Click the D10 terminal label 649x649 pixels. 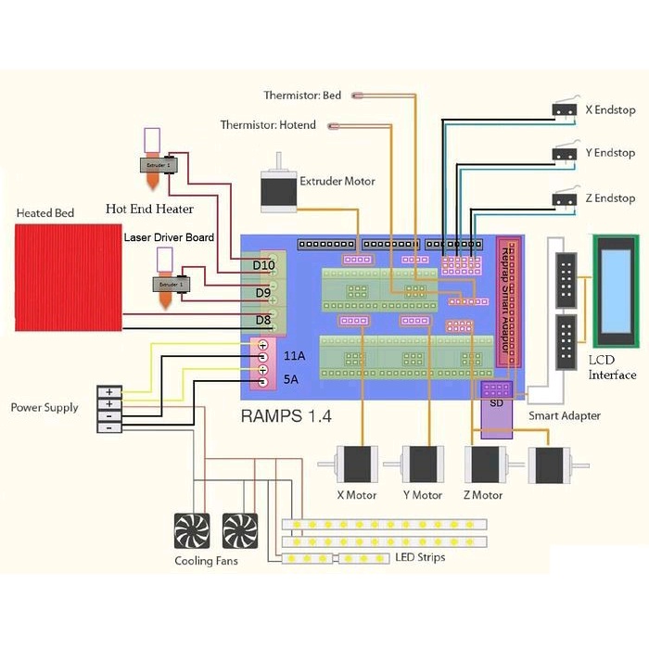click(x=264, y=266)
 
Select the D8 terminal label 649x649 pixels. click(x=264, y=321)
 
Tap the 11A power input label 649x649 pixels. click(x=294, y=355)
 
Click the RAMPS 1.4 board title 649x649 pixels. click(x=284, y=415)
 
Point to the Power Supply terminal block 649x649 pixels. click(x=109, y=409)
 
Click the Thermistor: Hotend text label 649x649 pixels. click(x=268, y=125)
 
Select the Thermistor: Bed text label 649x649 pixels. click(x=302, y=95)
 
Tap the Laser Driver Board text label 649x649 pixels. click(x=169, y=237)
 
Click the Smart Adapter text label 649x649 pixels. click(x=564, y=416)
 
